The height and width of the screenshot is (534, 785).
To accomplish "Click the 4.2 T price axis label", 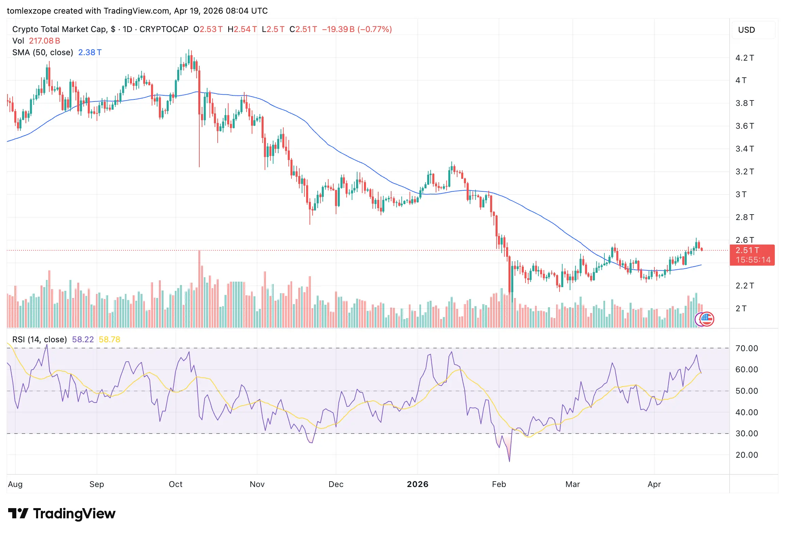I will (x=745, y=58).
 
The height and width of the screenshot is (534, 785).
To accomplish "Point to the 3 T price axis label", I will (x=741, y=194).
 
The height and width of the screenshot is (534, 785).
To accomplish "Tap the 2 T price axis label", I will (x=741, y=309).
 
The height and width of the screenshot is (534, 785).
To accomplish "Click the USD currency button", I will (x=746, y=30).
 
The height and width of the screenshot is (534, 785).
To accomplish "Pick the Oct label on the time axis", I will (x=176, y=484).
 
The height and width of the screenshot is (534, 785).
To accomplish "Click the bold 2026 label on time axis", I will (x=417, y=484).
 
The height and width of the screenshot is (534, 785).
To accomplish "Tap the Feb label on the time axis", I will (x=499, y=484).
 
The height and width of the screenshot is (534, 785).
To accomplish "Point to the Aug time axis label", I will (x=15, y=484).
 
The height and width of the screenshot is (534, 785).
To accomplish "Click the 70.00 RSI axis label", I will (x=747, y=348).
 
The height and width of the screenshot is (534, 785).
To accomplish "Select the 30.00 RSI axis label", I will (x=747, y=434).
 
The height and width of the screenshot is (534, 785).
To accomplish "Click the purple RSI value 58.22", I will (x=83, y=340).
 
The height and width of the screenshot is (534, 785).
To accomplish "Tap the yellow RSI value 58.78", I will (x=109, y=340).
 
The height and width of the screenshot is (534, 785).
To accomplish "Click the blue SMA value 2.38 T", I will (x=90, y=52).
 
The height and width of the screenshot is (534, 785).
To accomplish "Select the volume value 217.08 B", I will (x=45, y=41).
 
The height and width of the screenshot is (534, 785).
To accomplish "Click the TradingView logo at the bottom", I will (x=62, y=514).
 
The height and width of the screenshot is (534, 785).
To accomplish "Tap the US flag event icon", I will (x=707, y=319).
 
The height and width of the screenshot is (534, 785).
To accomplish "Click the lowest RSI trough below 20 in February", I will (x=509, y=461).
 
